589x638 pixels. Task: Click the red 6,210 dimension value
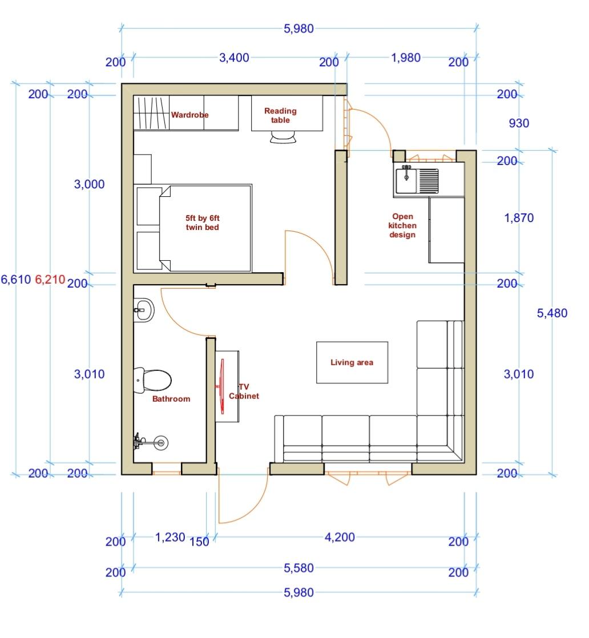coord(50,280)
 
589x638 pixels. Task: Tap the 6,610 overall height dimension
coord(16,280)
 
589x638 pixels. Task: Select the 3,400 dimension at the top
coord(234,58)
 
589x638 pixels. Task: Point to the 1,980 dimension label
coord(406,58)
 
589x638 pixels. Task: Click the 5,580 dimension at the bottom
coord(298,568)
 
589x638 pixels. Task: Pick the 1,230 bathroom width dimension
coord(170,538)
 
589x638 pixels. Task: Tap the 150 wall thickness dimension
coord(199,542)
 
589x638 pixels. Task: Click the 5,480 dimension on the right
coord(552,313)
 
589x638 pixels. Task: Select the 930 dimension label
coord(519,123)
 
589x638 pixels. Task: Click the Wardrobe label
coord(189,115)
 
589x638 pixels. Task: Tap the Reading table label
coord(280,115)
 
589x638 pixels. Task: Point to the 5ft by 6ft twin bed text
coord(202,223)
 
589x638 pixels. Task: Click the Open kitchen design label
coord(402,225)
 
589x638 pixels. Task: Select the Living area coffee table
coord(352,362)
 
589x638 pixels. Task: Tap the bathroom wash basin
coord(144,310)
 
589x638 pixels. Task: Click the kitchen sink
coord(417,181)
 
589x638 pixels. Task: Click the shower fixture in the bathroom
coord(151,442)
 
